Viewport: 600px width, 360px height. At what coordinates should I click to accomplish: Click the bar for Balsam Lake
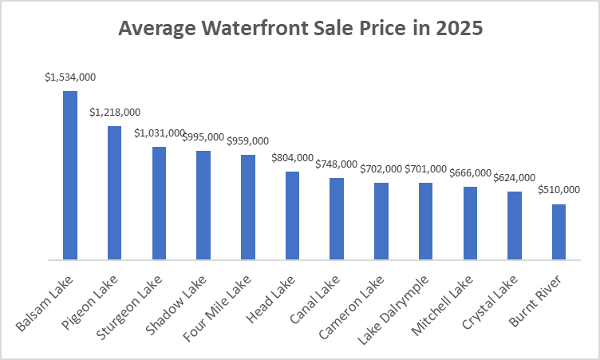coord(70,176)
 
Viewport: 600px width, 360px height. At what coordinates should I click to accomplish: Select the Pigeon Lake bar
coord(114,193)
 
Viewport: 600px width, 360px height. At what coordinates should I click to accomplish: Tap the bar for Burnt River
coord(559,232)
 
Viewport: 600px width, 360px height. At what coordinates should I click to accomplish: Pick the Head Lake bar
coord(292,216)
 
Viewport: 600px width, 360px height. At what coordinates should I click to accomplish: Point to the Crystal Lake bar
coord(515,226)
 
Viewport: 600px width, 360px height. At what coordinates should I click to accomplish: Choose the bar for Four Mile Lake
coord(247,207)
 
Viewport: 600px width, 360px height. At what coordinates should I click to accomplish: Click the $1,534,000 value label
coord(70,77)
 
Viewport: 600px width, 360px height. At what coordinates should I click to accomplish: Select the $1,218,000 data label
coord(115,113)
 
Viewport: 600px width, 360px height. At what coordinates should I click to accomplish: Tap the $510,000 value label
coord(559,190)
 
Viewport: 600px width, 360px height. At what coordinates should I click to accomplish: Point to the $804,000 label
coord(292,158)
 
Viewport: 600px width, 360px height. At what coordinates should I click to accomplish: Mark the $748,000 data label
coord(337,164)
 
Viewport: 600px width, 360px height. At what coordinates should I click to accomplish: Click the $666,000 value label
coord(470,173)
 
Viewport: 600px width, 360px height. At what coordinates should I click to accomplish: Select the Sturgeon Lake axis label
coord(140,303)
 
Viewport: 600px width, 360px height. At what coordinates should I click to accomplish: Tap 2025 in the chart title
coord(456,29)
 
